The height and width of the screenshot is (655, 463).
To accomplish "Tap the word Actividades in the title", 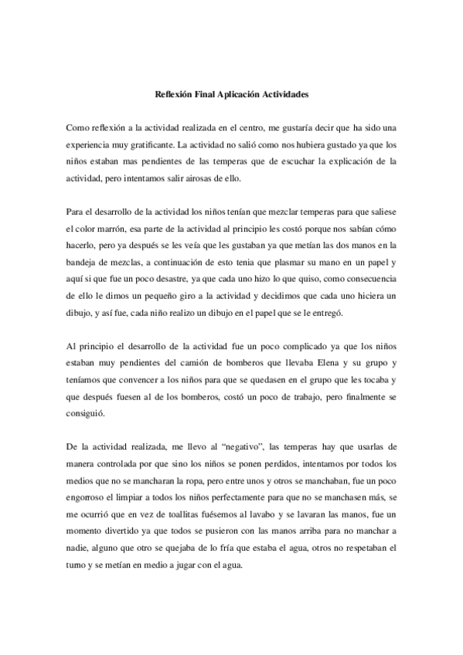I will pyautogui.click(x=287, y=96).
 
